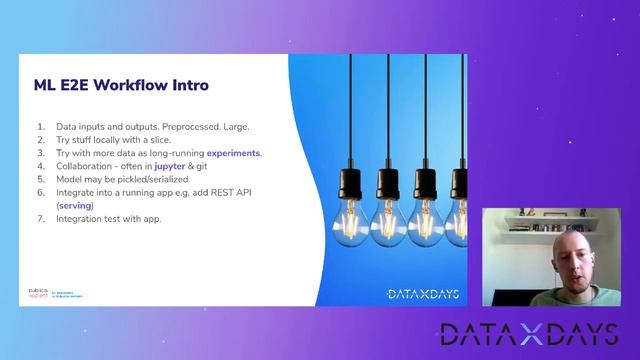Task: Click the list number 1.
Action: pos(41,127)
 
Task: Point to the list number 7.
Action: pos(41,218)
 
